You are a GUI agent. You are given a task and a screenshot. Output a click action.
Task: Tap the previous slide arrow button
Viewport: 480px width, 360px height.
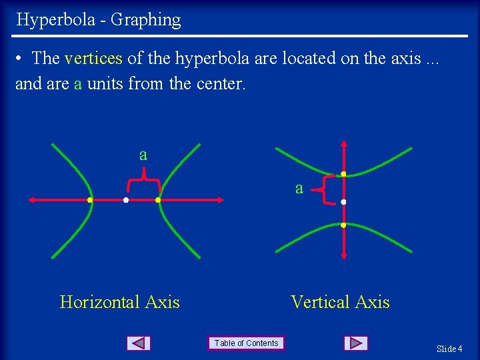tap(138, 343)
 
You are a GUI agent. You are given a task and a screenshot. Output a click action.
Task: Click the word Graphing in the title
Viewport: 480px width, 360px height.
tap(145, 20)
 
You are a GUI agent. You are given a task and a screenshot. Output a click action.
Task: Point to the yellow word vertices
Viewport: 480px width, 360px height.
tap(93, 59)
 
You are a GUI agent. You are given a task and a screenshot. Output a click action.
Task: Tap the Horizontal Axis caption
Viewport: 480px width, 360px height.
tap(120, 302)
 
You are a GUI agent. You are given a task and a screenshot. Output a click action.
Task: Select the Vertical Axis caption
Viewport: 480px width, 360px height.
tap(340, 302)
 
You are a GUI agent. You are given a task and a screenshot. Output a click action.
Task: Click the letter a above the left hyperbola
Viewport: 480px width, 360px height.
tap(143, 155)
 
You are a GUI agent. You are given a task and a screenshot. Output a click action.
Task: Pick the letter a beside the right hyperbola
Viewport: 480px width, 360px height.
tap(299, 189)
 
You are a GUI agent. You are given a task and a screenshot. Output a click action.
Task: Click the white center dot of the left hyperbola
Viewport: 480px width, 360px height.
tap(125, 200)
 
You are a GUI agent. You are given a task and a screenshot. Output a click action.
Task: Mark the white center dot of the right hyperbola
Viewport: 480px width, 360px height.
tap(343, 201)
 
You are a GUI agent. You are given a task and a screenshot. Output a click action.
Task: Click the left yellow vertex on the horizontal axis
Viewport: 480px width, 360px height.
tap(90, 200)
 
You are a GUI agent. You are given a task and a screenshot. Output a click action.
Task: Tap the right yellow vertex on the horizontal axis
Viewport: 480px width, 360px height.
tap(158, 200)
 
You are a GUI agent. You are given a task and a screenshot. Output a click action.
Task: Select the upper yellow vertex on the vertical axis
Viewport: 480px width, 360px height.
tap(343, 175)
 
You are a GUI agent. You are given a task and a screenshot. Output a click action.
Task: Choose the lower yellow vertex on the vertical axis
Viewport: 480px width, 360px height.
tap(343, 225)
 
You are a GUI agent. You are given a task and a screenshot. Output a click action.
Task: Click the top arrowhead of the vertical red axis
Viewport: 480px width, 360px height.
tap(343, 143)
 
